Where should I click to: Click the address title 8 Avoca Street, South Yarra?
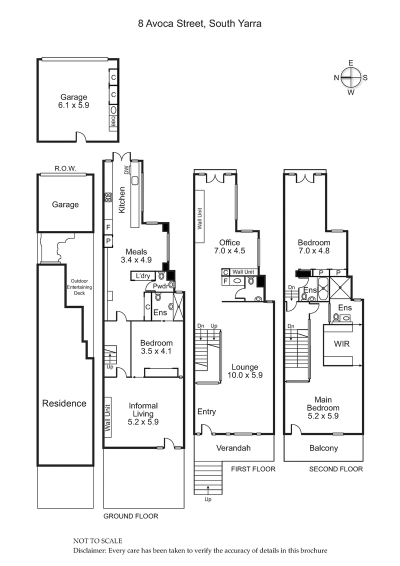click(x=199, y=23)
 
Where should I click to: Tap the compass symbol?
click(x=351, y=77)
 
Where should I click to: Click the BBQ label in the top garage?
click(x=113, y=121)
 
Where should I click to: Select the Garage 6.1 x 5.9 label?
click(x=73, y=101)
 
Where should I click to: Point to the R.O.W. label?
click(x=65, y=169)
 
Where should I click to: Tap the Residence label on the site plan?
click(x=63, y=403)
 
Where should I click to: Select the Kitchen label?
click(x=121, y=200)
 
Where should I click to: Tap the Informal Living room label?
click(x=143, y=413)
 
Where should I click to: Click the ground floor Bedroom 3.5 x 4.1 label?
click(x=156, y=347)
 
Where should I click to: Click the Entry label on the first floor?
click(x=206, y=411)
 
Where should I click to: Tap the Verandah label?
click(x=234, y=448)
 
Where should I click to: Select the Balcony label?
click(x=323, y=448)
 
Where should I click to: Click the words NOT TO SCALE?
click(x=97, y=541)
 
